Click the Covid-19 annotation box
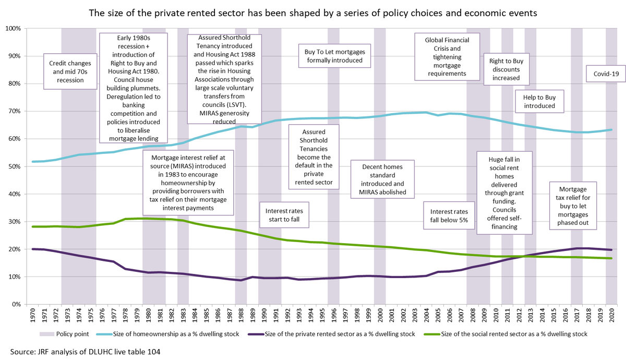pyautogui.click(x=606, y=74)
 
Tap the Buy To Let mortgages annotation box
pyautogui.click(x=334, y=56)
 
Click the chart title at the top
pyautogui.click(x=313, y=13)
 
